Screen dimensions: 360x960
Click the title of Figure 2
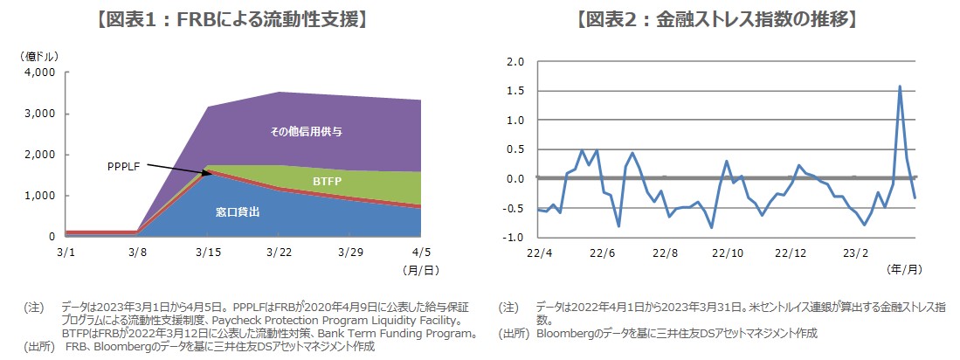click(716, 17)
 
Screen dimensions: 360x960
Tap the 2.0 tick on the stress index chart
click(515, 63)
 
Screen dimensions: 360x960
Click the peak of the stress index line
click(900, 87)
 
